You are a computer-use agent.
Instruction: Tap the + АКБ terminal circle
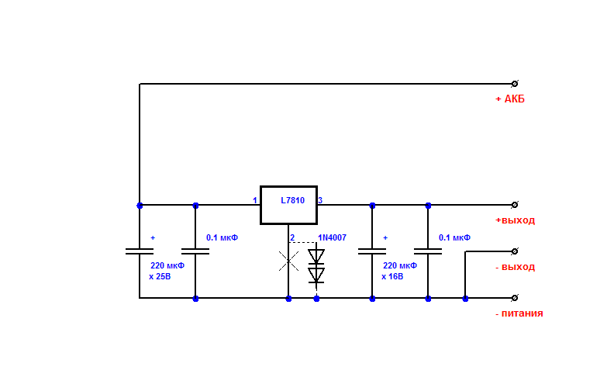click(515, 84)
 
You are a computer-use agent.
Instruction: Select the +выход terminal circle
click(515, 205)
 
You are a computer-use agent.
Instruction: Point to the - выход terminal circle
click(515, 251)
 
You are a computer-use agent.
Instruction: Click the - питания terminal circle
click(515, 298)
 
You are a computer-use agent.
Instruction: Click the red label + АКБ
click(510, 99)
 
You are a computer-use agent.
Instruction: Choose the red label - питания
click(519, 313)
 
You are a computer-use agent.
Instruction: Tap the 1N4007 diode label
click(332, 237)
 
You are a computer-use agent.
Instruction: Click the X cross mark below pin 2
click(289, 261)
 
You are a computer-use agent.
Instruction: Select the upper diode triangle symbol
click(316, 256)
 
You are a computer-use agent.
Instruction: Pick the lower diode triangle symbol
click(316, 275)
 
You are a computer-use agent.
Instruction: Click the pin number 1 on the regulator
click(255, 200)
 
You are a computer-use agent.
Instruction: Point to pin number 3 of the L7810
click(320, 200)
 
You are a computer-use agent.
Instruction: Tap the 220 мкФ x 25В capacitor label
click(167, 271)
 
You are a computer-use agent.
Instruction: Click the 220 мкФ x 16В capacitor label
click(399, 271)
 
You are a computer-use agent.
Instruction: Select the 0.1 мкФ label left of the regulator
click(222, 237)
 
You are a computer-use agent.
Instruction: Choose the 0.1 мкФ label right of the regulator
click(454, 237)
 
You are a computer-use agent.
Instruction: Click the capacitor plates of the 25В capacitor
click(140, 251)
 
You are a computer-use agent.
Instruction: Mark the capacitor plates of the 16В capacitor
click(372, 251)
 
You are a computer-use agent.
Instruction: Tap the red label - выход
click(516, 267)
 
